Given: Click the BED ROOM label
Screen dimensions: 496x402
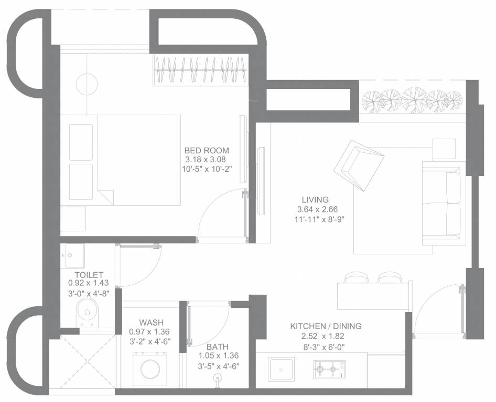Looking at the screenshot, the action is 207,150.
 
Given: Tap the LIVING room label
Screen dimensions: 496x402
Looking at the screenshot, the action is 315,199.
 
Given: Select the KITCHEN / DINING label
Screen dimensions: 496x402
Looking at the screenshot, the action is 326,326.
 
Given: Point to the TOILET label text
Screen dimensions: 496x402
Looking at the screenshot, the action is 89,275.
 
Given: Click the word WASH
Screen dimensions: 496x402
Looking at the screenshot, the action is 152,322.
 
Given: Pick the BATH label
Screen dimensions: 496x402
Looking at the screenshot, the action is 218,347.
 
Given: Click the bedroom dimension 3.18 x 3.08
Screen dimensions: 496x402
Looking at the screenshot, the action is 206,160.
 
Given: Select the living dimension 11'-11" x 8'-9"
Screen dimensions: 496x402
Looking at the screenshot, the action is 319,219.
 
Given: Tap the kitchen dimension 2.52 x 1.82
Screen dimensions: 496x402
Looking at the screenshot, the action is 324,337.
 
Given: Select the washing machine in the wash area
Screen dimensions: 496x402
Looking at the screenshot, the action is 149,369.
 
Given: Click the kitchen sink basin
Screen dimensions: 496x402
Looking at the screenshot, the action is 281,368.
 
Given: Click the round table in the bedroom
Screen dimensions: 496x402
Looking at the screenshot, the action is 87,84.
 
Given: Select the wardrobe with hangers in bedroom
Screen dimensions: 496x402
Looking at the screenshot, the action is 201,70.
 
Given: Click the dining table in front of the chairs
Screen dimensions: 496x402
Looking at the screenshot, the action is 374,296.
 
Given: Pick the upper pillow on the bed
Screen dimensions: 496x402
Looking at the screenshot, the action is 81,142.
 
